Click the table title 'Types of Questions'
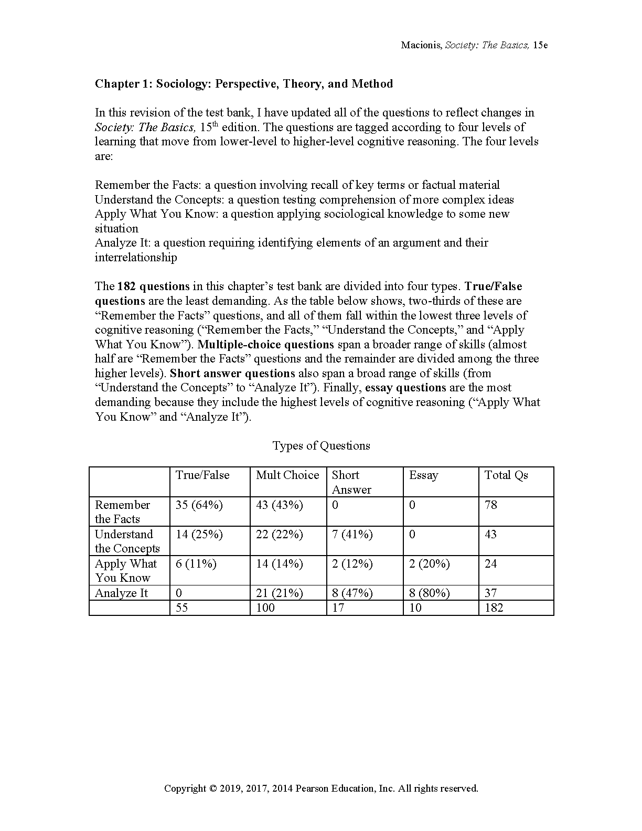[321, 446]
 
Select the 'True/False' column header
[202, 475]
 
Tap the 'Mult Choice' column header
[287, 475]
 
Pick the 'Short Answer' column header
[351, 482]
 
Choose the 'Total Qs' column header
[506, 475]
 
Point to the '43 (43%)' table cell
[280, 505]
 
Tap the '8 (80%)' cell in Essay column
[430, 593]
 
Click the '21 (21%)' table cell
[280, 593]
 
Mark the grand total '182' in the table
[494, 608]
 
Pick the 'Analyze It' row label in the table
[121, 593]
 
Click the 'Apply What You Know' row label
[126, 571]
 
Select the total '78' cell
[491, 505]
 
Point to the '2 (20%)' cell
[430, 564]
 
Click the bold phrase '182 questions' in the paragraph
[153, 286]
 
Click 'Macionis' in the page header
[421, 45]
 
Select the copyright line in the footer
[321, 789]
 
